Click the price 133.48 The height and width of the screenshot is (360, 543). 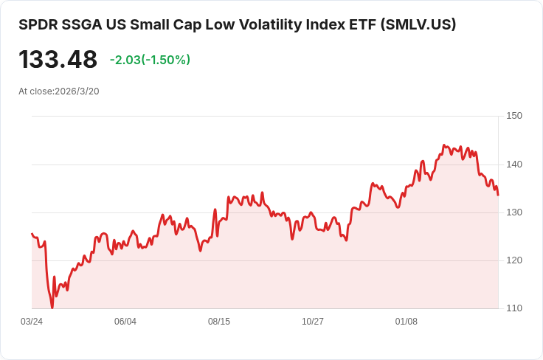(x=58, y=60)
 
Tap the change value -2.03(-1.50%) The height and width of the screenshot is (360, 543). (x=150, y=60)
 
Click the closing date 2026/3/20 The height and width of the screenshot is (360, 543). (x=77, y=91)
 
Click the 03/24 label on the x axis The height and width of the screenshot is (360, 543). (x=32, y=322)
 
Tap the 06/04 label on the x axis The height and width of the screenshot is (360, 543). (x=125, y=322)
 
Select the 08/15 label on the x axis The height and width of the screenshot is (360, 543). (x=219, y=322)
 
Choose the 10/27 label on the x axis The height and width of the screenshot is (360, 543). (x=313, y=322)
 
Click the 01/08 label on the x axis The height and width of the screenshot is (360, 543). (x=407, y=322)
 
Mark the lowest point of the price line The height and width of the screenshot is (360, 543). (x=52, y=308)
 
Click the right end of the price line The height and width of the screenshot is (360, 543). (x=498, y=195)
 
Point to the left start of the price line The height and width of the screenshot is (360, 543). (x=32, y=233)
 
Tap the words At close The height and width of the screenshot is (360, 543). (x=35, y=91)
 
